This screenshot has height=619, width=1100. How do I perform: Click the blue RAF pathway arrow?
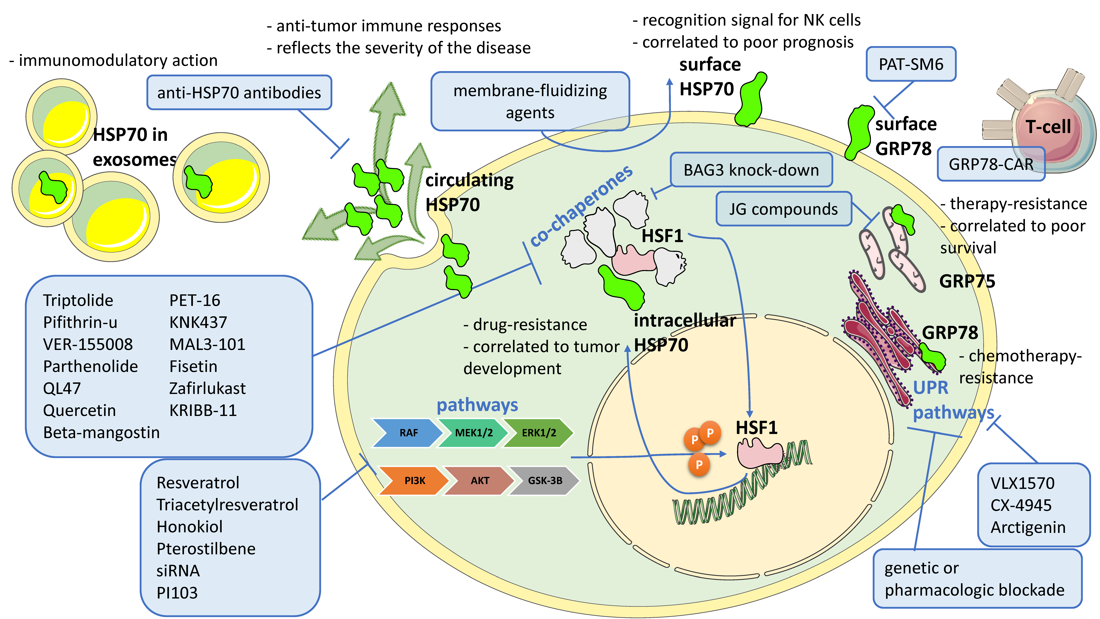pyautogui.click(x=408, y=433)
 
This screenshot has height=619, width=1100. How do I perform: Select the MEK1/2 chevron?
pyautogui.click(x=473, y=433)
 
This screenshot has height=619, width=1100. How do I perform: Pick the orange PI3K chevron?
pyautogui.click(x=414, y=481)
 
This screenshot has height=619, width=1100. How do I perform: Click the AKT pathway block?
pyautogui.click(x=480, y=481)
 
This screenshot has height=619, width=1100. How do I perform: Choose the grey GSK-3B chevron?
pyautogui.click(x=545, y=481)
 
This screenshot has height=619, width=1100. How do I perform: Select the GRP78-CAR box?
pyautogui.click(x=991, y=164)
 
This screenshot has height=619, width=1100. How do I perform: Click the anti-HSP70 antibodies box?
pyautogui.click(x=239, y=93)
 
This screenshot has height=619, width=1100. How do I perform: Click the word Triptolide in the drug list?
pyautogui.click(x=78, y=300)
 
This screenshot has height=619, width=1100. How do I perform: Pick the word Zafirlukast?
pyautogui.click(x=207, y=388)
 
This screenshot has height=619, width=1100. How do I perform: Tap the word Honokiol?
pyautogui.click(x=190, y=527)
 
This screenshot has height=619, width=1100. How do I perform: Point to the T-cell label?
pyautogui.click(x=1048, y=127)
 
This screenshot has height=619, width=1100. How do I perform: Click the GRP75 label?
pyautogui.click(x=967, y=281)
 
